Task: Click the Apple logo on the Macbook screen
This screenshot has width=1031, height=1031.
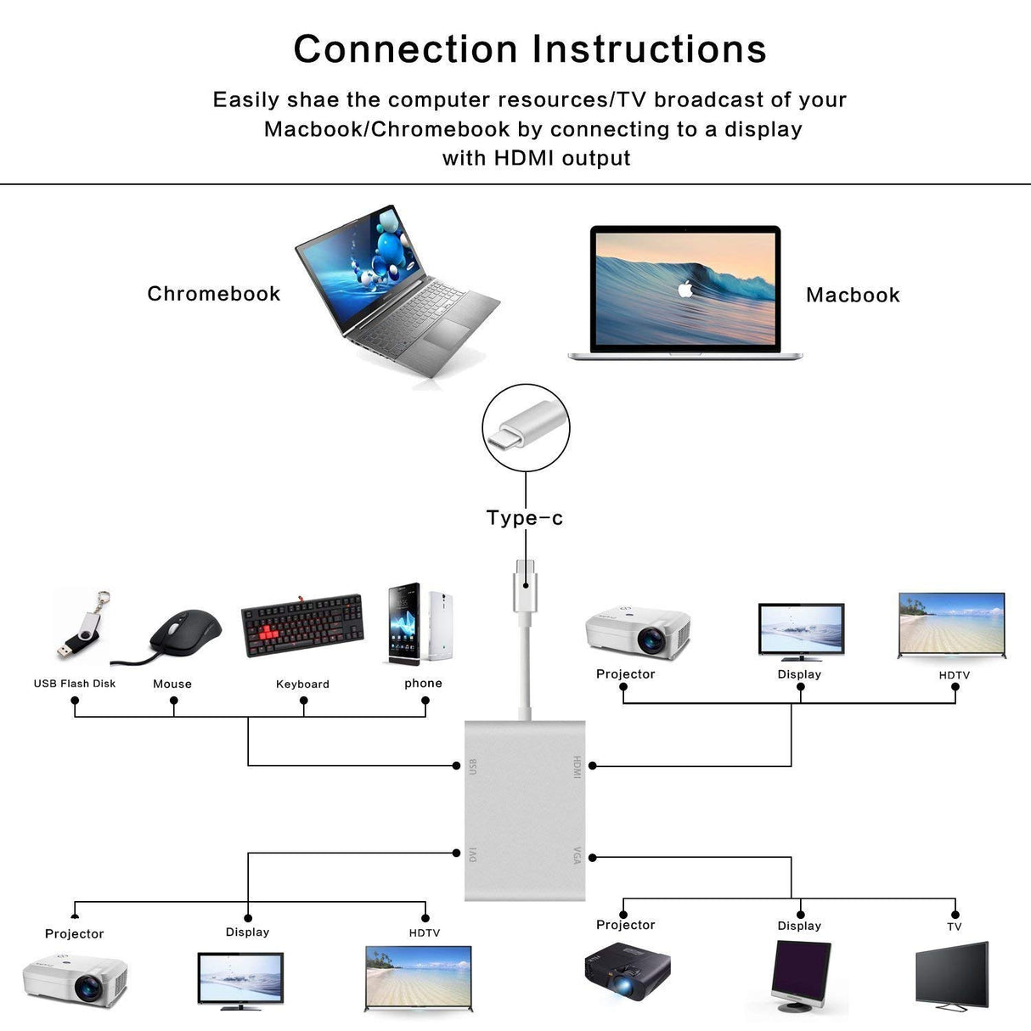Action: pyautogui.click(x=685, y=289)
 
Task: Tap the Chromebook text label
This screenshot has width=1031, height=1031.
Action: pyautogui.click(x=214, y=294)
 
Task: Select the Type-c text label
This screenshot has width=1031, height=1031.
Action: pyautogui.click(x=525, y=518)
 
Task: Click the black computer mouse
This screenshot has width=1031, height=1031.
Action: pyautogui.click(x=183, y=634)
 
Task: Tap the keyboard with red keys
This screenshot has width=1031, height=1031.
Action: pyautogui.click(x=302, y=625)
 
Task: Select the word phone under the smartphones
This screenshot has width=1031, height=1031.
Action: pyautogui.click(x=423, y=684)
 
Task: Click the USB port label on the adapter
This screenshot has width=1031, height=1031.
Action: pyautogui.click(x=473, y=766)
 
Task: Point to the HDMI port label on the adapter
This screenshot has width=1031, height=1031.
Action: pyautogui.click(x=577, y=767)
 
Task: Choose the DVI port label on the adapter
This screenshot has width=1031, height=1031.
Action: pyautogui.click(x=473, y=854)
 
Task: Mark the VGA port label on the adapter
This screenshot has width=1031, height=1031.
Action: pyautogui.click(x=577, y=855)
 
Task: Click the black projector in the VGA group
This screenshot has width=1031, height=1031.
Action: pyautogui.click(x=627, y=970)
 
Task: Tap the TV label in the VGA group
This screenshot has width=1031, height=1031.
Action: pyautogui.click(x=955, y=927)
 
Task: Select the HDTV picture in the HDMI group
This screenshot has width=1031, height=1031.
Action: pyautogui.click(x=951, y=625)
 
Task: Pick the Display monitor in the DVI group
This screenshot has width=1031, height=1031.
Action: pyautogui.click(x=240, y=981)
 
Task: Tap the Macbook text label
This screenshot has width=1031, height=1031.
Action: pyautogui.click(x=853, y=296)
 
